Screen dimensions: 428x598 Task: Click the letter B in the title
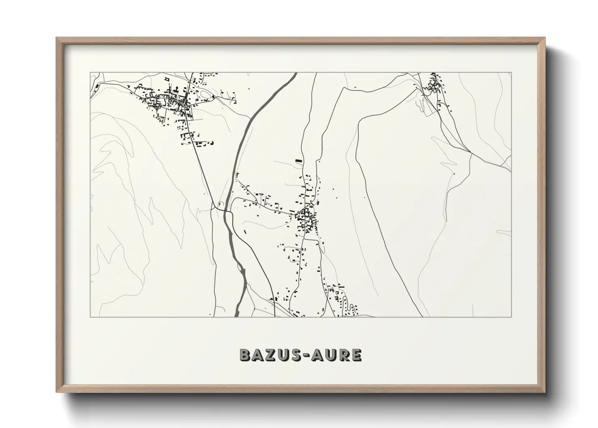[246, 355]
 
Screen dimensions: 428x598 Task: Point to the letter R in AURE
[343, 355]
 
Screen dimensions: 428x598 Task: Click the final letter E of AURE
[356, 355]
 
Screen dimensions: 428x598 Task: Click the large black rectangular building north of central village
[299, 161]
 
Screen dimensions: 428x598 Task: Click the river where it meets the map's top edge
[295, 74]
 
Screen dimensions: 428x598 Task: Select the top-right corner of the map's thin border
[512, 72]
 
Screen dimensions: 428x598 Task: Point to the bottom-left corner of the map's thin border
[90, 317]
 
